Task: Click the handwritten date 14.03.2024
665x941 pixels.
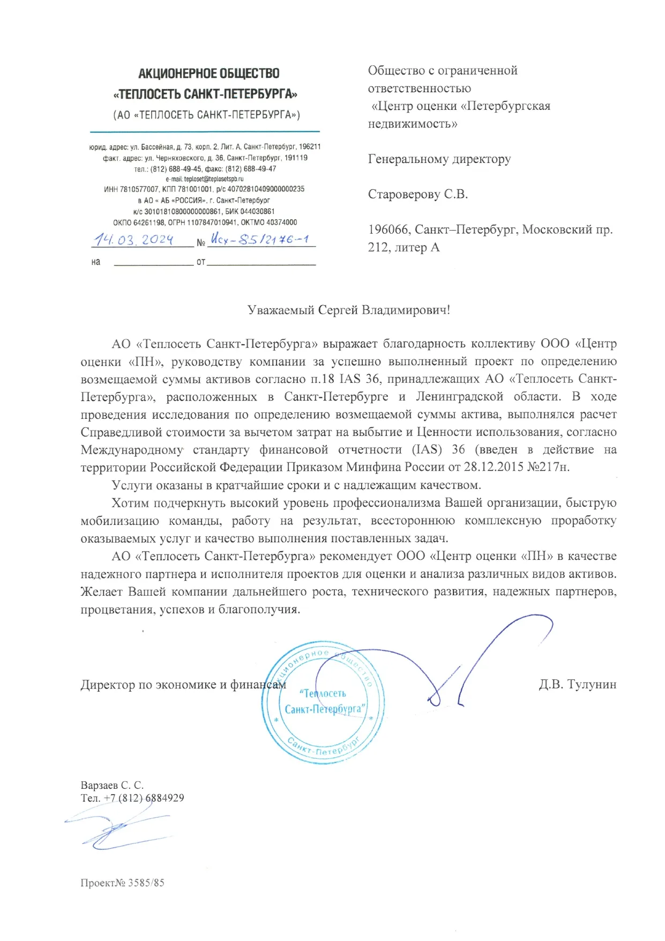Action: tap(133, 239)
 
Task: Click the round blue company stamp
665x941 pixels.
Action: tap(323, 702)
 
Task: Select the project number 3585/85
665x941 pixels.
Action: tap(146, 883)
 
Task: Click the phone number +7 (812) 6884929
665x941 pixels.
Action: tap(144, 798)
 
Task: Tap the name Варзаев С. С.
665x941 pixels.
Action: tap(112, 786)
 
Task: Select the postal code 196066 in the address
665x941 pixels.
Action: tap(389, 229)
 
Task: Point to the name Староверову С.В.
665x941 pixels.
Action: tap(418, 194)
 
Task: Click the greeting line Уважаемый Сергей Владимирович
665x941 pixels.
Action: tap(348, 310)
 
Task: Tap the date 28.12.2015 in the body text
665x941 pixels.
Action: tap(494, 467)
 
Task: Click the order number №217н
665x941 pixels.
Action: tap(549, 467)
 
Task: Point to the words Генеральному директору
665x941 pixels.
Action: tap(439, 159)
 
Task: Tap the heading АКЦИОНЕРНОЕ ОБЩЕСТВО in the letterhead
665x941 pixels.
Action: tap(209, 73)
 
